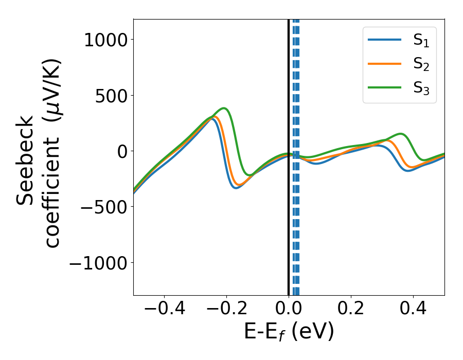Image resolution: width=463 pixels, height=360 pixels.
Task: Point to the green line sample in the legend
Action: [385, 87]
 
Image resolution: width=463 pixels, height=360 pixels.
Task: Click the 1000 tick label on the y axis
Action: [105, 40]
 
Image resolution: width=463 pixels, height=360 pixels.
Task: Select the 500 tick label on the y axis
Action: [113, 95]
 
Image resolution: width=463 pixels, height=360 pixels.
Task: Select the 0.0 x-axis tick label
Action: [289, 310]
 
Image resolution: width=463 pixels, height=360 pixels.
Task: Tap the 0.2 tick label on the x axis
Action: [351, 310]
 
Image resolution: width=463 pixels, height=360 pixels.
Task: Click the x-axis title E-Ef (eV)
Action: [289, 332]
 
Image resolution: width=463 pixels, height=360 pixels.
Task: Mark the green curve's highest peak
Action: [224, 109]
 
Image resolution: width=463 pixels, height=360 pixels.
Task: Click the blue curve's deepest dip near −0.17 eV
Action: [235, 188]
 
